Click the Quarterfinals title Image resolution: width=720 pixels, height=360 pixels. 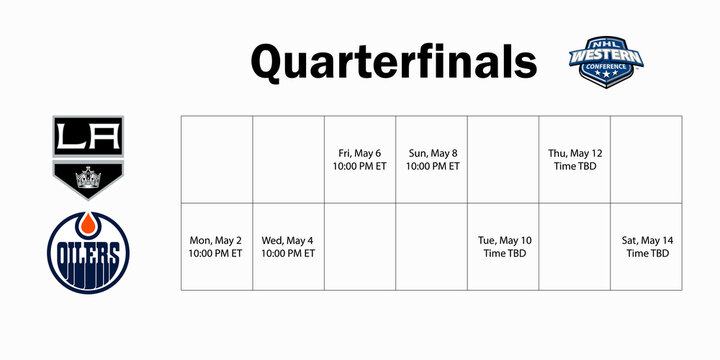(x=393, y=61)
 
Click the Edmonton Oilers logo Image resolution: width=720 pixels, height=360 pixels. (x=89, y=248)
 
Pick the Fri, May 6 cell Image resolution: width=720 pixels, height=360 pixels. (x=360, y=159)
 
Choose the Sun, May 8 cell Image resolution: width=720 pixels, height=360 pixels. (x=432, y=159)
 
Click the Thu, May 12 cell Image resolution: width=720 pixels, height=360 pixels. (x=575, y=159)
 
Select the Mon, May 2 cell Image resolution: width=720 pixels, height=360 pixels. (x=216, y=247)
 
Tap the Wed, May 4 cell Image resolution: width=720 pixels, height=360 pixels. (x=288, y=247)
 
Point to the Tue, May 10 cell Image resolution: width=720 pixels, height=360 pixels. (x=503, y=247)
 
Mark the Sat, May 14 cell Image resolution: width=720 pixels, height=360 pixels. (x=647, y=247)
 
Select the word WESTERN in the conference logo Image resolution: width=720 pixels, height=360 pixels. (x=605, y=58)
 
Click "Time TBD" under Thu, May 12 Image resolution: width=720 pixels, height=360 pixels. (x=575, y=166)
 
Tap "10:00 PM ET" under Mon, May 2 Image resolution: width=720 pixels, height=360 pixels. (x=216, y=254)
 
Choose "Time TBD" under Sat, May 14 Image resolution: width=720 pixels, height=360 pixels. (x=647, y=254)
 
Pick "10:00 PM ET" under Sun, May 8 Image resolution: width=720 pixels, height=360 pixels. (x=432, y=166)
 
